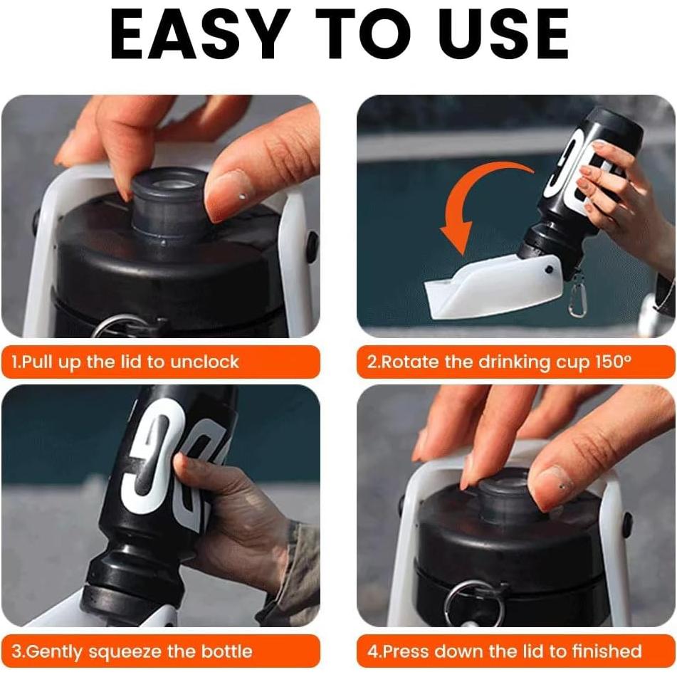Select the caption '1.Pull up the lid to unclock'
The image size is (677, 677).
[x=125, y=362]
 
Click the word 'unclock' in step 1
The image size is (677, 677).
[x=204, y=362]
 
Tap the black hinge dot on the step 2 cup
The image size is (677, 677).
[x=549, y=269]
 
